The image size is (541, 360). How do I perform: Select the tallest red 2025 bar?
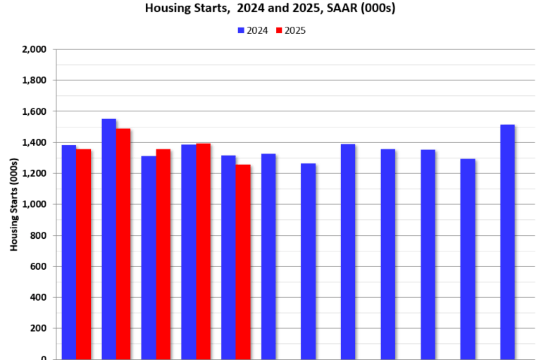123,243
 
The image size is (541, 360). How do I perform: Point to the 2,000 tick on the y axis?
35,50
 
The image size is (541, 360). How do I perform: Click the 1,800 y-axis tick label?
35,81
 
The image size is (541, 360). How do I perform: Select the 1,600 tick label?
35,112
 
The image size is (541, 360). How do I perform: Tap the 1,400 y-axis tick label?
35,143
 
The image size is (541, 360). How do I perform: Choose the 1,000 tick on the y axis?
35,205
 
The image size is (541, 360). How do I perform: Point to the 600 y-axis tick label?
38,267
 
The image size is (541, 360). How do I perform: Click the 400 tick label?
38,298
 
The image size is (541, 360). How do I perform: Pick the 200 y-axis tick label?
38,329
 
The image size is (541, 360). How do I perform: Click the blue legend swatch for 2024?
241,30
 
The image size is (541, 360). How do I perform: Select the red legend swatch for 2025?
279,30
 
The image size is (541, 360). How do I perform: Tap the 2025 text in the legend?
295,30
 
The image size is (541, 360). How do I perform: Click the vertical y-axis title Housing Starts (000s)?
14,204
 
